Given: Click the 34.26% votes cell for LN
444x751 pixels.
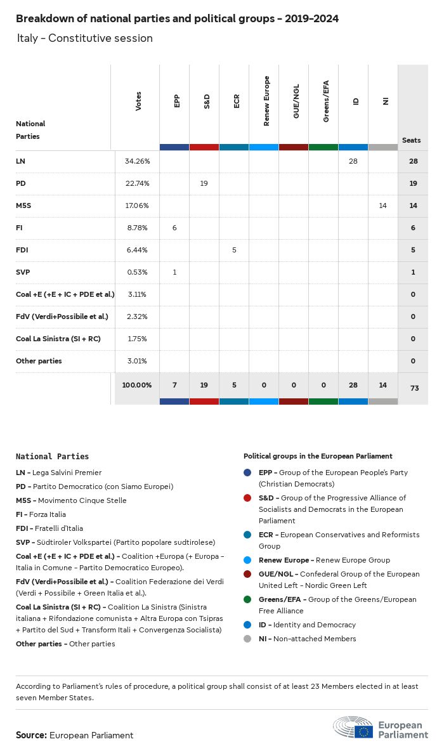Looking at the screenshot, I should click(137, 161).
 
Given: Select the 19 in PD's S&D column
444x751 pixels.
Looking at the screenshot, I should click(204, 183).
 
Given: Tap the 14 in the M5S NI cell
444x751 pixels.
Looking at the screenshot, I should click(382, 206).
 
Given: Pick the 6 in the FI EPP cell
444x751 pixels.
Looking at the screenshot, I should click(174, 228).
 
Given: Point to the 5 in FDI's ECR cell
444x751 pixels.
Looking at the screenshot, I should click(234, 250).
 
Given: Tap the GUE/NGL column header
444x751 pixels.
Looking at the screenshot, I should click(296, 101).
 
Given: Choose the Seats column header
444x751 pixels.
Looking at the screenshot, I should click(411, 140).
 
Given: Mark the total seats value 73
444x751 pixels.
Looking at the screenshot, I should click(414, 388).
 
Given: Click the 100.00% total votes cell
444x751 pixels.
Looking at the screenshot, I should click(137, 385).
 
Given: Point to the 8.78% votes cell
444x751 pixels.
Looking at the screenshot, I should click(137, 228).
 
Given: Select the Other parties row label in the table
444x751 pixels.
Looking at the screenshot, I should click(39, 361).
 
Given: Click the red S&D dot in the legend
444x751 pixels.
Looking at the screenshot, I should click(248, 498).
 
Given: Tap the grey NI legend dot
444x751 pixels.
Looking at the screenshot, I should click(248, 639).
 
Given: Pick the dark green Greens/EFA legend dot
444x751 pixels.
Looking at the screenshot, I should click(248, 599).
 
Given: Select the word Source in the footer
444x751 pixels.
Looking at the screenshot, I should click(31, 735).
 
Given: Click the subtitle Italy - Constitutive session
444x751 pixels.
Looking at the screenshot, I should click(85, 38).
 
